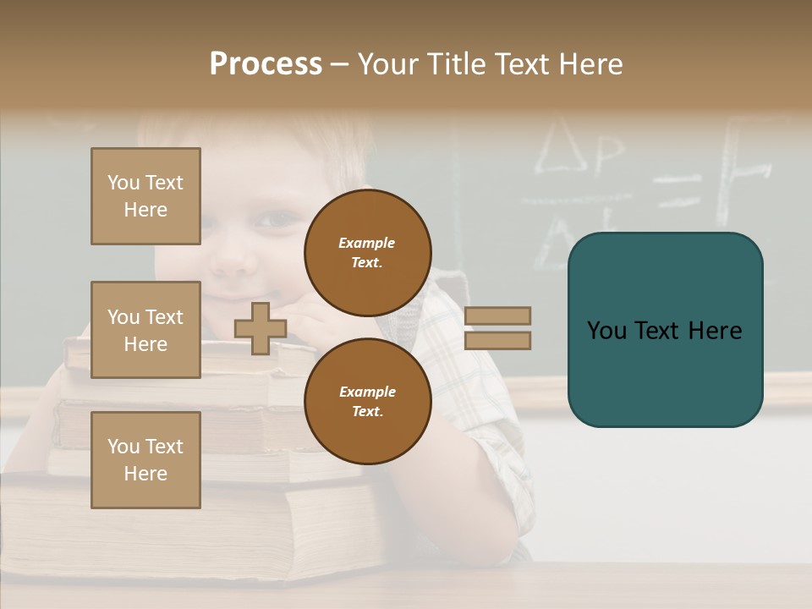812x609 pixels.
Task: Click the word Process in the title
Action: (266, 64)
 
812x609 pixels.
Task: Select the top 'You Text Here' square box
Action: (145, 196)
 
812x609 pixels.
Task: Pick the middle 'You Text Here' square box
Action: (145, 330)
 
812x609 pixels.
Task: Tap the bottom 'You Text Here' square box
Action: (145, 460)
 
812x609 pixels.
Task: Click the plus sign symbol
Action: (260, 329)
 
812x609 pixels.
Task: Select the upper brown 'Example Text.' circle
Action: (367, 253)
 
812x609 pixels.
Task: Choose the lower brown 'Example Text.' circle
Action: (367, 402)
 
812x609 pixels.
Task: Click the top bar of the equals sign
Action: (497, 315)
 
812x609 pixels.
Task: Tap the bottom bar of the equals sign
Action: (497, 341)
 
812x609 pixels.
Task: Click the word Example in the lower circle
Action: (367, 392)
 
